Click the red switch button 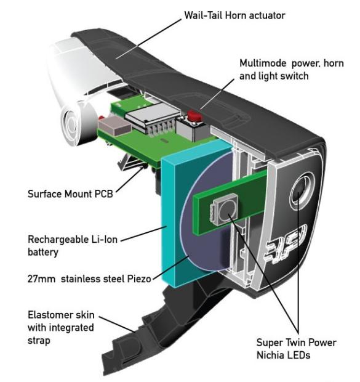(x=194, y=116)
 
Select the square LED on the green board (x=224, y=208)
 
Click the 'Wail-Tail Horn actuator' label (x=234, y=15)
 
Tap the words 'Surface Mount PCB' (x=70, y=194)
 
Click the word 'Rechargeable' (x=58, y=240)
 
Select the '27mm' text (x=41, y=278)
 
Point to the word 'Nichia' (x=270, y=355)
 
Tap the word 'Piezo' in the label (x=138, y=278)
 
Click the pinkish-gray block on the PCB (x=115, y=125)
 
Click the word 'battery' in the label (x=43, y=253)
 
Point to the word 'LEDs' (x=298, y=355)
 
